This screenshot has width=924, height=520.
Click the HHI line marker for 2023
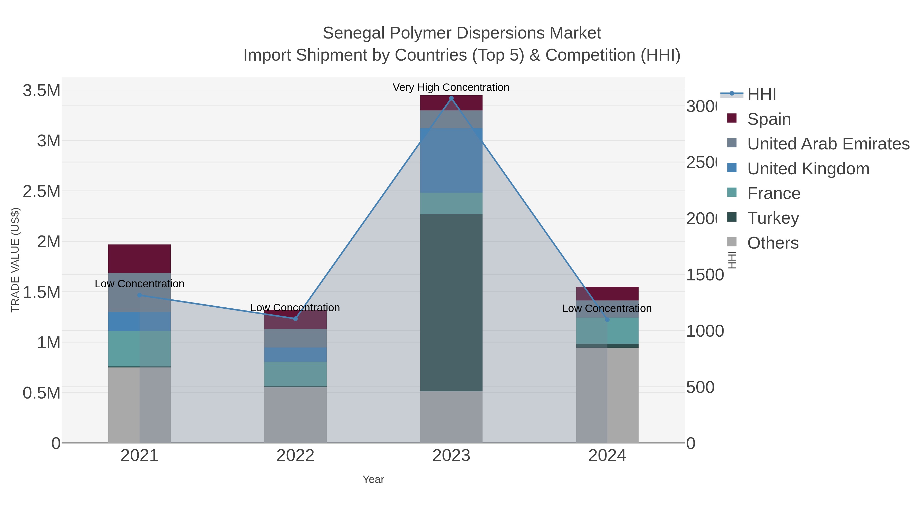[451, 98]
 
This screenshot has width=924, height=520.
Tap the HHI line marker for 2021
[140, 295]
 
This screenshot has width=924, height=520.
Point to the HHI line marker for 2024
[607, 320]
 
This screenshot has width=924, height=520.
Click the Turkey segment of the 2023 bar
[451, 302]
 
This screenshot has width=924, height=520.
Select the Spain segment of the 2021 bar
[140, 259]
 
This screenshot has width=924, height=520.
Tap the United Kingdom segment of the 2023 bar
[451, 160]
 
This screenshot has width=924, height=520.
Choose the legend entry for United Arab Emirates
[828, 144]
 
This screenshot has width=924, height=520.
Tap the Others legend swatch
[732, 242]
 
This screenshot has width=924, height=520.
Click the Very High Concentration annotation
[451, 88]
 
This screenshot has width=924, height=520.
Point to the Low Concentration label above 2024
[607, 309]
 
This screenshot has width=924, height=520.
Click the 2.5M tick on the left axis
[42, 192]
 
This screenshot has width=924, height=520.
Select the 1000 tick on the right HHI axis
[705, 331]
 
